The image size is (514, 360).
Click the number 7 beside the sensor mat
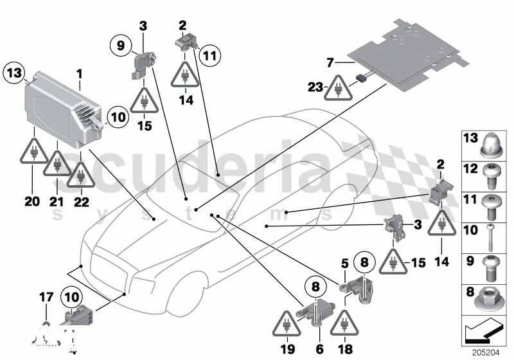(330, 63)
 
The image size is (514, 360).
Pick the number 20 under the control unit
(32, 201)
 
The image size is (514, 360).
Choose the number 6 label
(319, 350)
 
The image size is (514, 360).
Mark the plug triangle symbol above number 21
(56, 165)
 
